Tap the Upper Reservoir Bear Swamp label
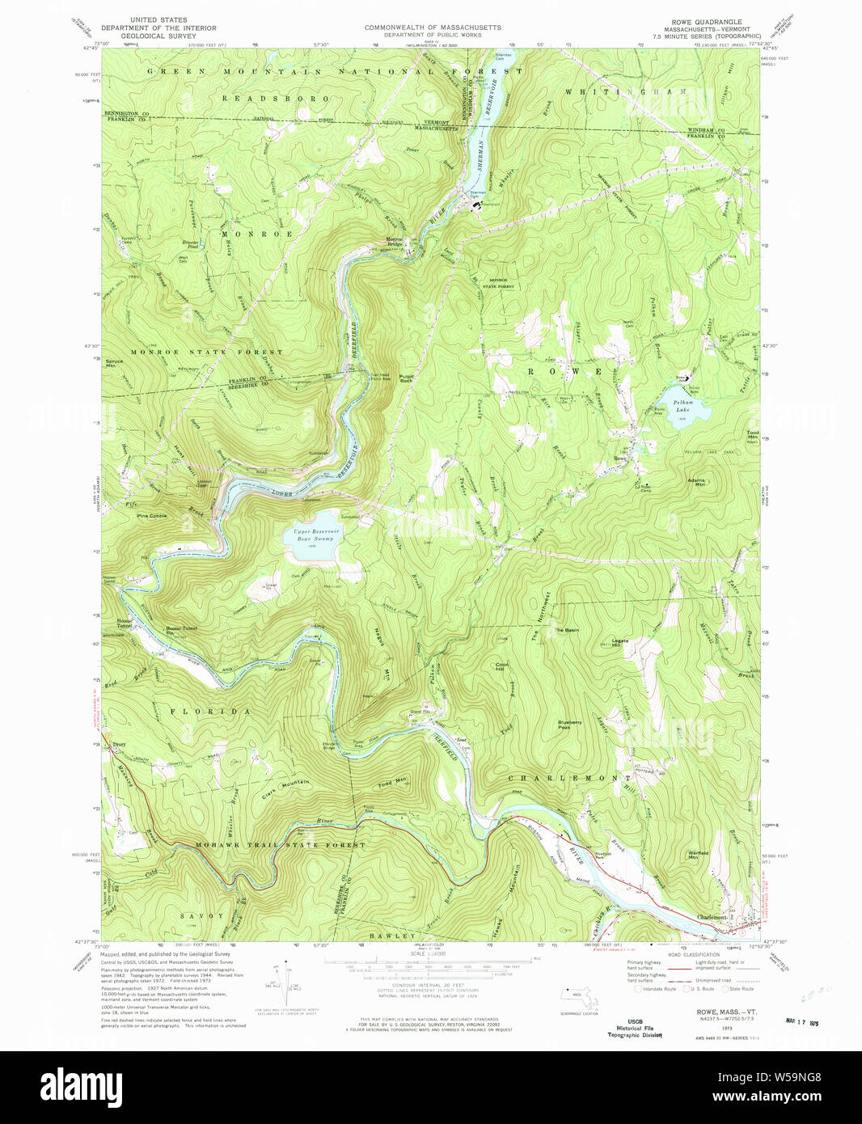point(315,534)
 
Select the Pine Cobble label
point(151,516)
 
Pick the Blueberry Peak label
point(569,725)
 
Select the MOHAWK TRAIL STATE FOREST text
point(280,845)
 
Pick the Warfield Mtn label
point(698,855)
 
